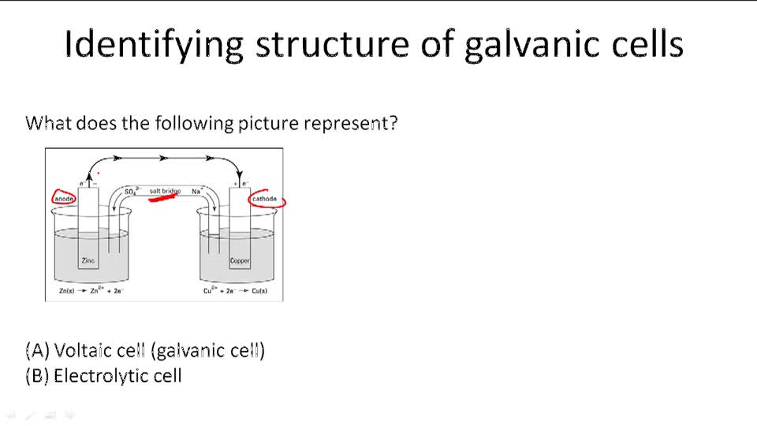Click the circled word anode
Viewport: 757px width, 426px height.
pyautogui.click(x=64, y=199)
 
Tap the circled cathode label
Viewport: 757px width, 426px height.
pyautogui.click(x=265, y=199)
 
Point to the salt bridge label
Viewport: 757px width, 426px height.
pyautogui.click(x=165, y=191)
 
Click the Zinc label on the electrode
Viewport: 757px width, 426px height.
pyautogui.click(x=88, y=260)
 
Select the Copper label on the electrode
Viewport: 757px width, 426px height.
pyautogui.click(x=240, y=260)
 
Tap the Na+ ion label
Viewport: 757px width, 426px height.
pyautogui.click(x=197, y=191)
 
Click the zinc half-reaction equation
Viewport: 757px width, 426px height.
pyautogui.click(x=91, y=291)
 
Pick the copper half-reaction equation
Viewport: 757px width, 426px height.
pyautogui.click(x=235, y=291)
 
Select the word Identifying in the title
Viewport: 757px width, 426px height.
pyautogui.click(x=153, y=45)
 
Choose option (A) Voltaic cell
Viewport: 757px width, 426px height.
pyautogui.click(x=145, y=350)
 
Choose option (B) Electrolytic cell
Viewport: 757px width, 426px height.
pyautogui.click(x=103, y=376)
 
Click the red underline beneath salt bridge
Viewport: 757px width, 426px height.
pyautogui.click(x=162, y=198)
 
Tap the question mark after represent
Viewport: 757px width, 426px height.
pyautogui.click(x=393, y=124)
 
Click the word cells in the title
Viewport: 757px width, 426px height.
pyautogui.click(x=643, y=45)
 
